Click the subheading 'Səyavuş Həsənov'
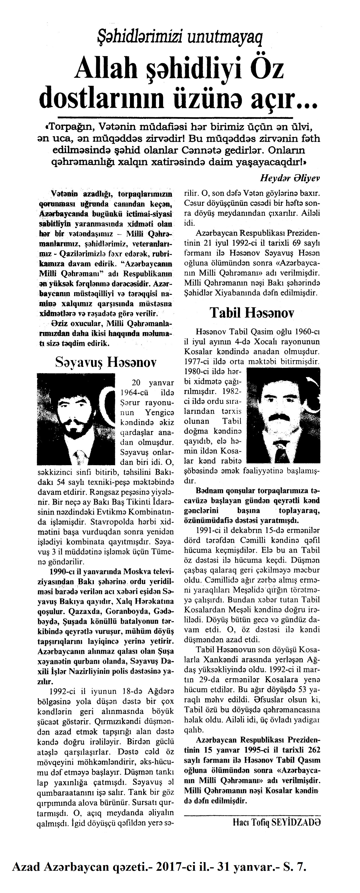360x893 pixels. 106,363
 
